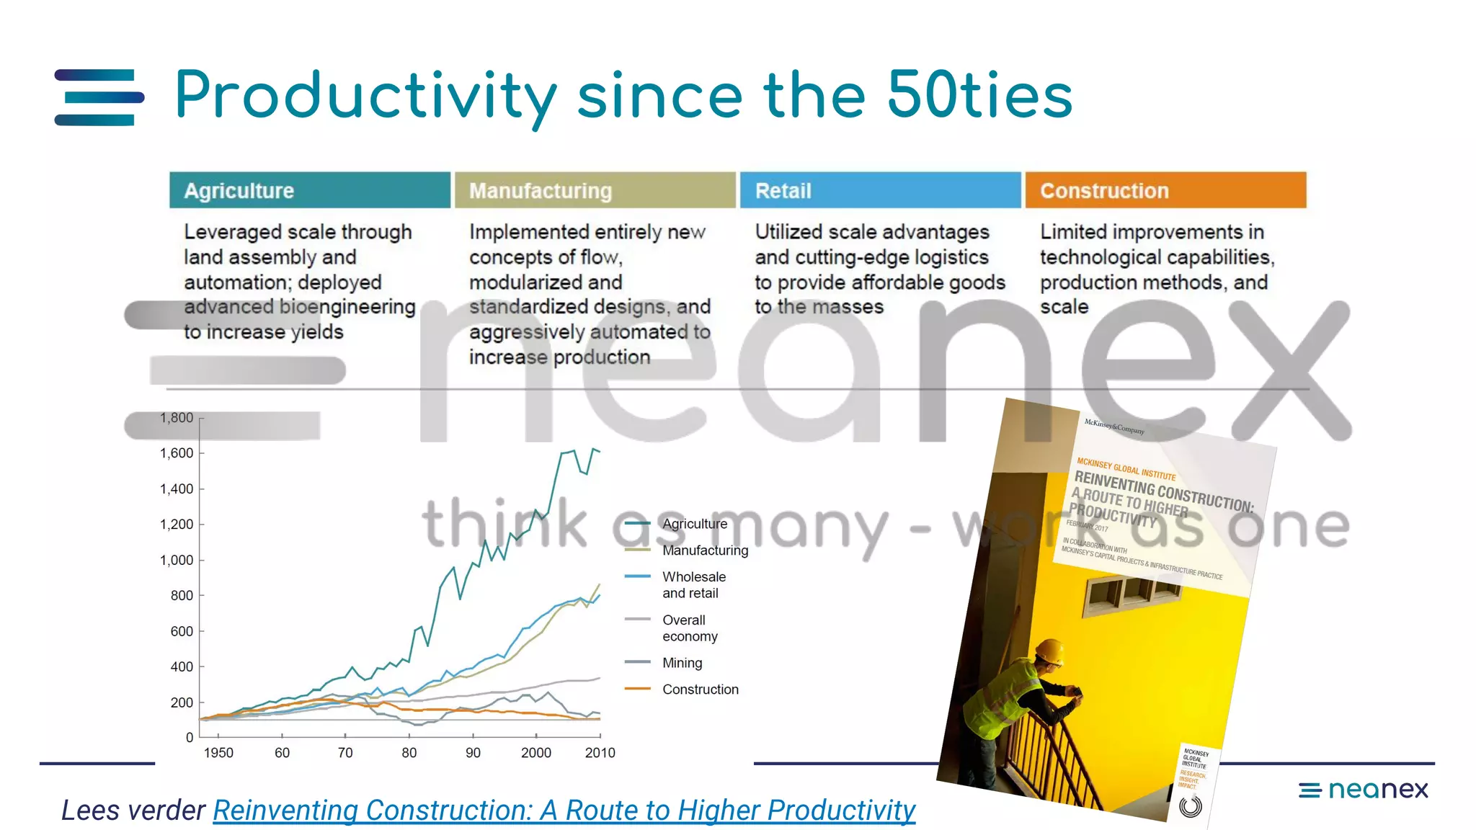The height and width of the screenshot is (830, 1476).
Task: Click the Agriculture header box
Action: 310,190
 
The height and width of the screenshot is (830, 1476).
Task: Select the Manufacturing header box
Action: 595,190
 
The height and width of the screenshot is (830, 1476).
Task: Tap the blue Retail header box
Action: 880,190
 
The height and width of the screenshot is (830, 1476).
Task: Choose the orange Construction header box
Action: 1165,190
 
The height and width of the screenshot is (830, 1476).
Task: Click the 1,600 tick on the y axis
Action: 177,453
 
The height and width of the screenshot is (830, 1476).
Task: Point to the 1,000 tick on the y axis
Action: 177,560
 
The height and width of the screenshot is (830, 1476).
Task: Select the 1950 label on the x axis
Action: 218,753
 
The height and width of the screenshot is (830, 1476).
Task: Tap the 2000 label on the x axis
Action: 536,753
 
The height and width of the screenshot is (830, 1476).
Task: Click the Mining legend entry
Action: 682,663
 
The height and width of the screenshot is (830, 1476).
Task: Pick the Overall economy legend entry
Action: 690,628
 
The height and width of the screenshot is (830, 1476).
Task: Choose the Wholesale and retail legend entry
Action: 693,585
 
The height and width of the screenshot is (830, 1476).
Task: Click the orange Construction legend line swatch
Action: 638,689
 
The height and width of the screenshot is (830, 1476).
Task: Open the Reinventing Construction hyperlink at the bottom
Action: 564,811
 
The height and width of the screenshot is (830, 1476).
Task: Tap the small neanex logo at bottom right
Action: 1363,790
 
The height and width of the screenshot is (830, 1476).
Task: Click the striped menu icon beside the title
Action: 99,97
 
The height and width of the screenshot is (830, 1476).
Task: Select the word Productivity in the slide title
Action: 366,97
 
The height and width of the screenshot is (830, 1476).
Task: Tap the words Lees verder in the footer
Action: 133,811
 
